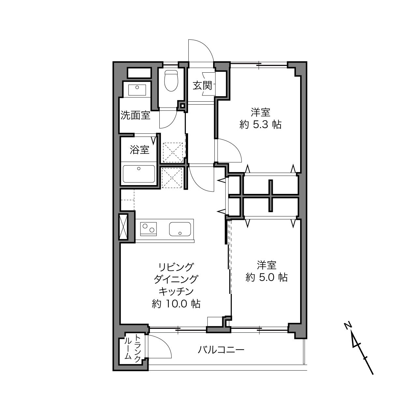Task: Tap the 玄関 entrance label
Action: click(202, 86)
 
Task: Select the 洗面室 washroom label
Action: click(136, 115)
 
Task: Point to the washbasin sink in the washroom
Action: click(137, 90)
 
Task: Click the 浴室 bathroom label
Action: click(139, 150)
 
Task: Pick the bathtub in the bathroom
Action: click(139, 174)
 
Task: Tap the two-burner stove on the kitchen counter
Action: click(148, 229)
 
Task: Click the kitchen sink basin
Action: click(180, 229)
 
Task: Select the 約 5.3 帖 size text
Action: click(260, 124)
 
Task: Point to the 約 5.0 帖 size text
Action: click(267, 277)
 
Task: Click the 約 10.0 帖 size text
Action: click(176, 304)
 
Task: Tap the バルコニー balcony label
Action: click(221, 350)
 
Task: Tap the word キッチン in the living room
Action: click(176, 292)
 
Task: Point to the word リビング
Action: click(176, 267)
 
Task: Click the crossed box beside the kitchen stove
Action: click(124, 226)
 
